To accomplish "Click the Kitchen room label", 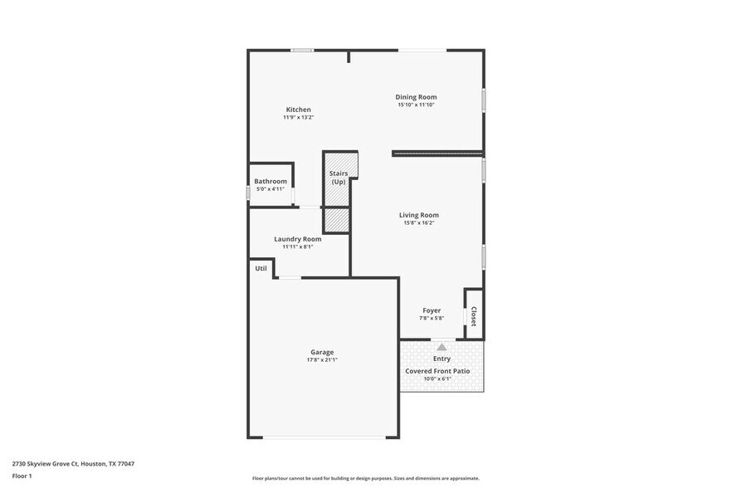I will click(x=299, y=110).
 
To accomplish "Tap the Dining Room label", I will click(x=416, y=97).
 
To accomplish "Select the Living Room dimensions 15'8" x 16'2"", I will click(x=418, y=222).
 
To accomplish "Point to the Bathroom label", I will click(x=271, y=181).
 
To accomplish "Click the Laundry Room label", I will click(x=297, y=239).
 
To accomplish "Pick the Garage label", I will click(x=322, y=352).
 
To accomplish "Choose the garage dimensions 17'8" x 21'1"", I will click(x=322, y=360).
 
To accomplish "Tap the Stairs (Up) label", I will click(x=339, y=178).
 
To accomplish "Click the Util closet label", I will click(x=261, y=268).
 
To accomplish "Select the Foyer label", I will click(x=432, y=310).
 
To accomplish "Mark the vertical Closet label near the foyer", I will click(x=474, y=316).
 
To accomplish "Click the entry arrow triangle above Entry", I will click(x=442, y=347).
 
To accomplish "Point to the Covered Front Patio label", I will click(x=437, y=371).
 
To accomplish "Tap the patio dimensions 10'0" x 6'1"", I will click(x=437, y=379).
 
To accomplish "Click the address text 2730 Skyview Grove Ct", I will click(x=73, y=464).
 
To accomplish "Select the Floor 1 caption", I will click(x=22, y=476).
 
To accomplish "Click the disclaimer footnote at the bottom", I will click(x=365, y=478).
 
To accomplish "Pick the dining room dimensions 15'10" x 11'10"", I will click(x=416, y=105).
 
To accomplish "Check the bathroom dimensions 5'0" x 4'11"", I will click(x=271, y=189).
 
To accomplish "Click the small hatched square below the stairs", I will click(x=336, y=220).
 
